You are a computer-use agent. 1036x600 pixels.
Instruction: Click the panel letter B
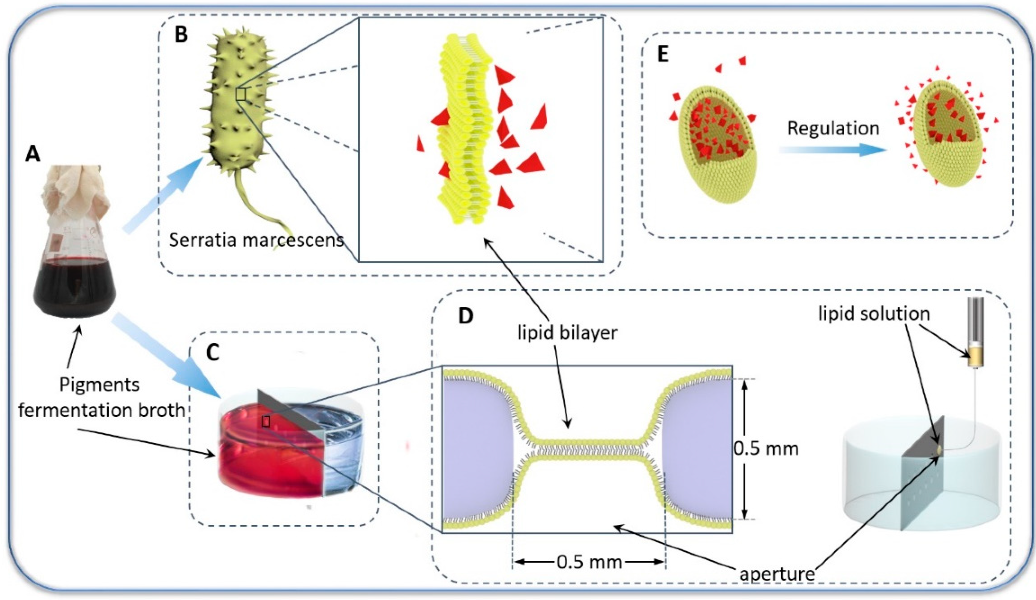181,34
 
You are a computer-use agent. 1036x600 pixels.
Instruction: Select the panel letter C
212,352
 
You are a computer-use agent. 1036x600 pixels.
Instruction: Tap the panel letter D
465,316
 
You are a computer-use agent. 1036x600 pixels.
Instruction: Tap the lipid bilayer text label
567,332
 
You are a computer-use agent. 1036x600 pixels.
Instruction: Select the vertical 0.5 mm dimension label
765,448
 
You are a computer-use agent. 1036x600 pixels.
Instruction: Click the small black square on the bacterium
241,94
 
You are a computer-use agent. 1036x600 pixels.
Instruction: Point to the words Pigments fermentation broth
101,397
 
